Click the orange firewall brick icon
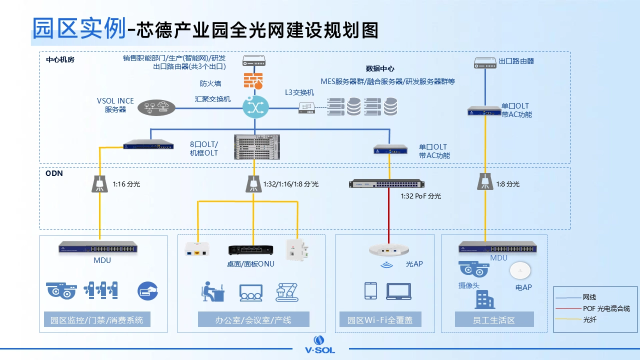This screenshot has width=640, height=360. tap(253, 80)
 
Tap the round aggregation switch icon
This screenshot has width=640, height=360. tap(255, 106)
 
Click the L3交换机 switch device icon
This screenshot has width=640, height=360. tap(306, 107)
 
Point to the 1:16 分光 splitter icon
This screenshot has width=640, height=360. tap(100, 183)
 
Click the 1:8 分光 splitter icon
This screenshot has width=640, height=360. tap(484, 181)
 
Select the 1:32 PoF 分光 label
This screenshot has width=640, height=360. tap(420, 196)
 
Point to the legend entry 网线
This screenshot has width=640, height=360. tap(589, 297)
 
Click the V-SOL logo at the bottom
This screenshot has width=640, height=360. tap(320, 344)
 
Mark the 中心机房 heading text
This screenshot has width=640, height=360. tap(60, 59)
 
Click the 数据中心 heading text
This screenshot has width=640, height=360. tap(379, 69)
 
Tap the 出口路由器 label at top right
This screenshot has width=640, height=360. tap(516, 61)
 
